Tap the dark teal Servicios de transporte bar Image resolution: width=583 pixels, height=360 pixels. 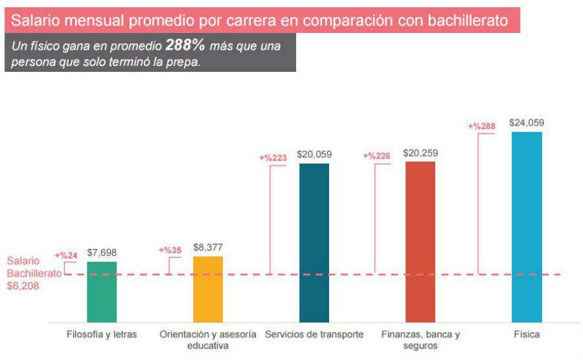click(x=314, y=243)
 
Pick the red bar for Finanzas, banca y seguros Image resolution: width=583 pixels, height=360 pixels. click(x=420, y=242)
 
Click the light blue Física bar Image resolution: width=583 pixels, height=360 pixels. click(x=527, y=227)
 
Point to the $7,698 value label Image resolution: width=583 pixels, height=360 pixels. click(x=102, y=253)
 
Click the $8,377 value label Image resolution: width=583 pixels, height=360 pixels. click(x=208, y=247)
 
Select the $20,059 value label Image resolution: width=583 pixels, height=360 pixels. click(x=314, y=154)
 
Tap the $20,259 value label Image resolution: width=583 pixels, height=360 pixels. click(x=420, y=153)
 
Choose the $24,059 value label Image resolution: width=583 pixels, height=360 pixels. click(x=527, y=122)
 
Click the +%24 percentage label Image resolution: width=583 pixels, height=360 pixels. click(x=66, y=255)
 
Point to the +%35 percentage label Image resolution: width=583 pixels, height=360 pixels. click(x=170, y=250)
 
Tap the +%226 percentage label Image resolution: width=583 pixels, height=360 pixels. click(x=376, y=156)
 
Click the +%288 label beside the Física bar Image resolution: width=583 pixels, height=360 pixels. click(x=481, y=126)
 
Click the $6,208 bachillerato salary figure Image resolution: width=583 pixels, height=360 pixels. click(x=23, y=285)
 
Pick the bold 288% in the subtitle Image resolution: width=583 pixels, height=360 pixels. click(x=185, y=46)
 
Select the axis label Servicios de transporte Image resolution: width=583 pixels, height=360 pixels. click(x=314, y=335)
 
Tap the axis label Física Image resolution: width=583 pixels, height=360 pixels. click(x=527, y=335)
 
